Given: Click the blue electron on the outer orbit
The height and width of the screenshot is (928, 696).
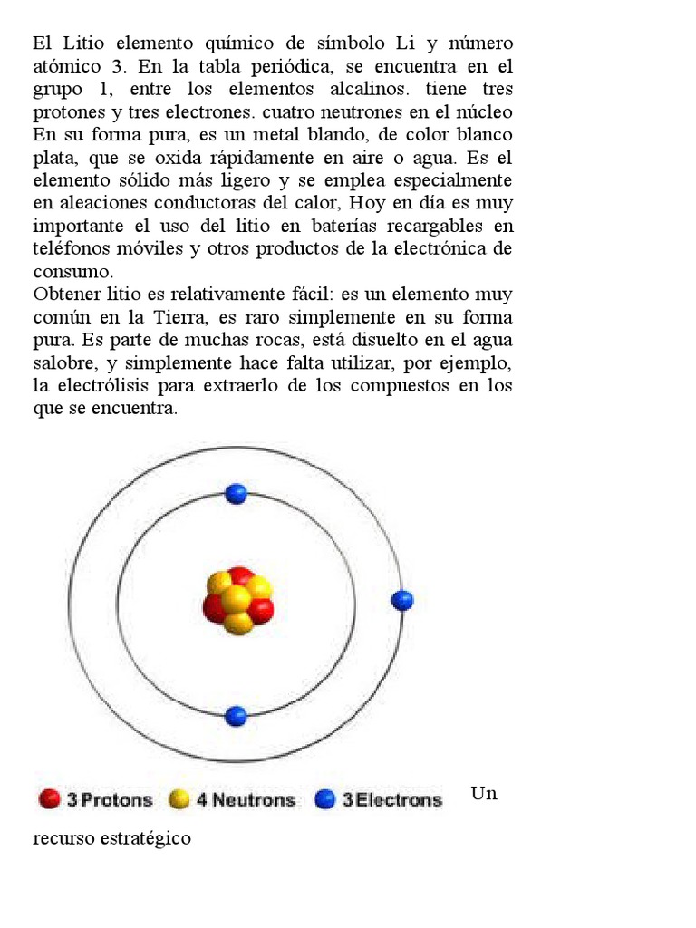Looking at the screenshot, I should point(402,600).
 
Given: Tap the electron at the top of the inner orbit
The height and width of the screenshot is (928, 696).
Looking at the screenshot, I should point(236,494).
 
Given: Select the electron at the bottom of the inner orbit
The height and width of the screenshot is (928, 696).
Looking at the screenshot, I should point(236,716).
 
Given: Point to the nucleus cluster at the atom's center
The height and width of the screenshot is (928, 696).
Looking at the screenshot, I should point(237,600).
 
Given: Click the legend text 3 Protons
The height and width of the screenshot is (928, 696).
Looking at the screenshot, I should point(110,799).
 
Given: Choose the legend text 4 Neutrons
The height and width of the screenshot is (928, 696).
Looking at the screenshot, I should point(246,799).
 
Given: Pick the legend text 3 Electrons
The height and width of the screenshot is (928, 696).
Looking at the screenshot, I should point(391,799).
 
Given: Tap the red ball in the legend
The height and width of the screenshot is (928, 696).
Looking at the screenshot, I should point(49,799).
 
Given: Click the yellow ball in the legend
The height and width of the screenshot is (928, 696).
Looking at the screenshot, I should point(179,799).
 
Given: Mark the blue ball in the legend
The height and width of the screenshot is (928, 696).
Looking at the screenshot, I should point(324,799).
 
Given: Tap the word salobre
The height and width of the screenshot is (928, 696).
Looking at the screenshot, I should point(63,362).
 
